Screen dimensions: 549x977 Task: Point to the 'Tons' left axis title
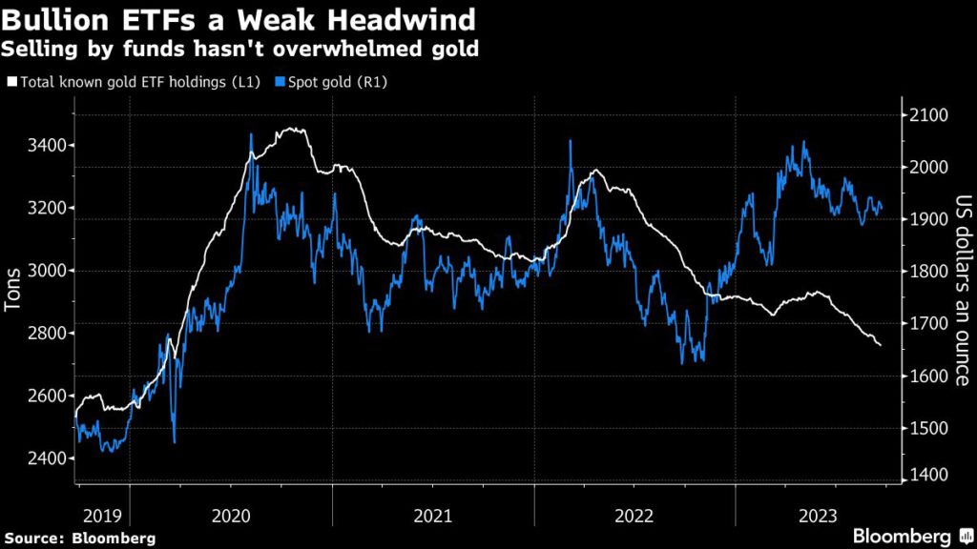(13, 287)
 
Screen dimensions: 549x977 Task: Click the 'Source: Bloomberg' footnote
(79, 539)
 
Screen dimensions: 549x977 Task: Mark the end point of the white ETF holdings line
(880, 345)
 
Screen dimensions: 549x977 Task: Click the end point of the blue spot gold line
(881, 208)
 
